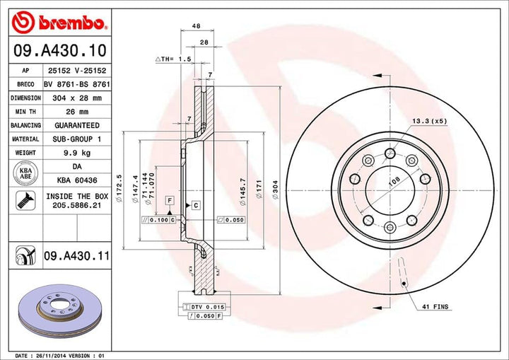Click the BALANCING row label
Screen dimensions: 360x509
click(x=25, y=125)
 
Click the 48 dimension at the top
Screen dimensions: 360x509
click(x=194, y=26)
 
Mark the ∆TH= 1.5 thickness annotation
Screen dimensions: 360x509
click(x=174, y=59)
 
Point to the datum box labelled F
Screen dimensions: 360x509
click(x=170, y=201)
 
